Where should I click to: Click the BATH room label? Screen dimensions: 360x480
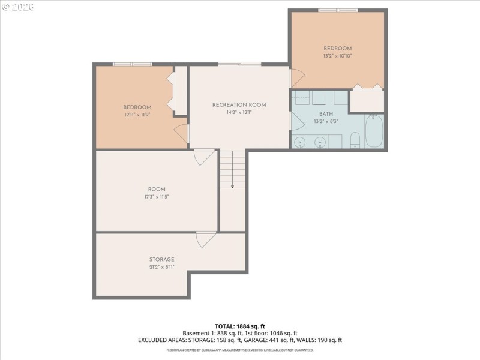326,113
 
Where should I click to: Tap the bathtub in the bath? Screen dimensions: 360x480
374,131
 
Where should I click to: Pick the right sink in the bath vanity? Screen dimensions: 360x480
320,142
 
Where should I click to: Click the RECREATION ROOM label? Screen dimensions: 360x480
239,105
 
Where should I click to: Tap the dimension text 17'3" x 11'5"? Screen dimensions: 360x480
157,197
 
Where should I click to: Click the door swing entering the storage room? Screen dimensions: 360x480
206,239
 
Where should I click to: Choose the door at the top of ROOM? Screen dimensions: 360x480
205,157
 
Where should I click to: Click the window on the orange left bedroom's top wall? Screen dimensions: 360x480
132,64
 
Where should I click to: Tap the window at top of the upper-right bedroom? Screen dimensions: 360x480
338,10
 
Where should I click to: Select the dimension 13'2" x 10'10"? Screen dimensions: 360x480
337,56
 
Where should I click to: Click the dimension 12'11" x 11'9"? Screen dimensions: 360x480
137,114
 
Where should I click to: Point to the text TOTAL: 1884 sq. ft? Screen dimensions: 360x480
240,326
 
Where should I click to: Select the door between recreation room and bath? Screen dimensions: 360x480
292,120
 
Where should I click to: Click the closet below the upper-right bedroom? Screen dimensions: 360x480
367,100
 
